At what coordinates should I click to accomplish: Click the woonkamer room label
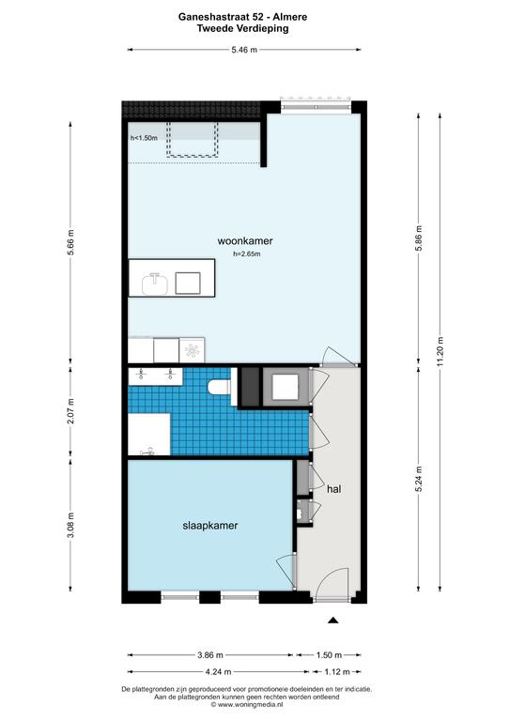[x=244, y=241]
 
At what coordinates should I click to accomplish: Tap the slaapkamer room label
[x=210, y=526]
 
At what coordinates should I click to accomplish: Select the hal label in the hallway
[x=333, y=489]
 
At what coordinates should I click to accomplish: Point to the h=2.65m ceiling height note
[x=247, y=253]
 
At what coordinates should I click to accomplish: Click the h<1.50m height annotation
[x=144, y=137]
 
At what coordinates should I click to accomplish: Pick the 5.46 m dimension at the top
[x=244, y=50]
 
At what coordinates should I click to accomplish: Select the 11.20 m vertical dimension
[x=440, y=352]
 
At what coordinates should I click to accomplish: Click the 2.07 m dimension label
[x=70, y=411]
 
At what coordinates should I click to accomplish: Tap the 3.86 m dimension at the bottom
[x=210, y=655]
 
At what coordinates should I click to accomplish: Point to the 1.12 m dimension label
[x=337, y=672]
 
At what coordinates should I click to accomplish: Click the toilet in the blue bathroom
[x=219, y=387]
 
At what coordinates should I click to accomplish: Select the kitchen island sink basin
[x=155, y=284]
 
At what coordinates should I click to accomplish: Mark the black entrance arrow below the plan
[x=332, y=621]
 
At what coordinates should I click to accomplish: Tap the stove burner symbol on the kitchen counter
[x=192, y=351]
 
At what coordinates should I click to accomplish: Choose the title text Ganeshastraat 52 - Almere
[x=243, y=17]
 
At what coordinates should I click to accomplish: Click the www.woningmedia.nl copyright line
[x=246, y=704]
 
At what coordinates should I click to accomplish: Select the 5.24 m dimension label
[x=419, y=479]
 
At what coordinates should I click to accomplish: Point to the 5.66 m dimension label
[x=70, y=242]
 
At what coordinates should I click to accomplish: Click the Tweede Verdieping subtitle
[x=243, y=28]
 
